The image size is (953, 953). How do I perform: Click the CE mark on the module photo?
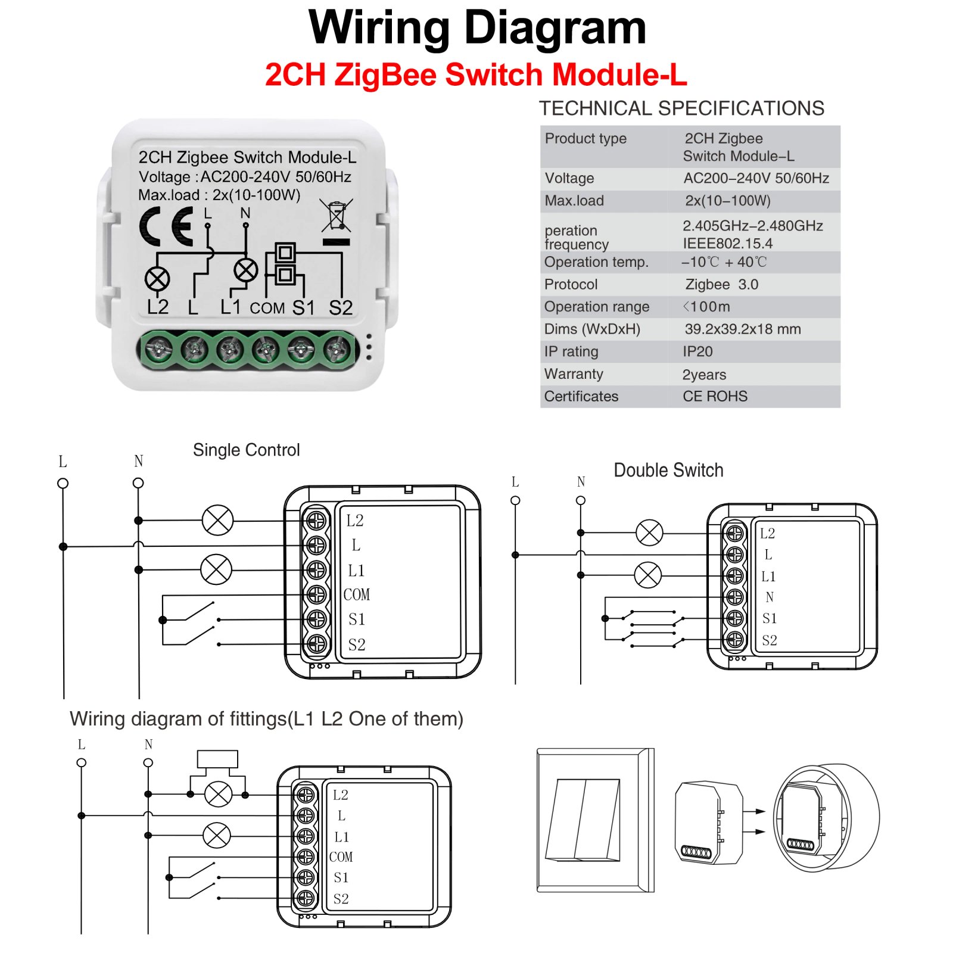click(166, 226)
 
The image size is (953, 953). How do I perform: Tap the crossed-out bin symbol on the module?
click(337, 216)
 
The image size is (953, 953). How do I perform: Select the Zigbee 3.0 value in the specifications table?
click(721, 284)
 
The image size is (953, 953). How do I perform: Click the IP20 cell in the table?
click(697, 351)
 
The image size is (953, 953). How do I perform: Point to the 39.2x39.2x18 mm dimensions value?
click(742, 329)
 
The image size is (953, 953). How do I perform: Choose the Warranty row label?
click(573, 374)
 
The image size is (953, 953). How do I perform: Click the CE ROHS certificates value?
click(715, 396)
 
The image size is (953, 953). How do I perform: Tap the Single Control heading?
click(246, 450)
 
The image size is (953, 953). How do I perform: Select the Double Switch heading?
click(668, 470)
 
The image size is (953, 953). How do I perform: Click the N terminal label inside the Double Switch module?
click(770, 597)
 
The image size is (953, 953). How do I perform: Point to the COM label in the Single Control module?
click(356, 594)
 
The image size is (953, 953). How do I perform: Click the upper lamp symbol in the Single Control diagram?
click(217, 520)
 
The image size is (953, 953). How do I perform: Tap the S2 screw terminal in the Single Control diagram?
click(316, 643)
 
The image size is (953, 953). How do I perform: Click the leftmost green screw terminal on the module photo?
click(159, 349)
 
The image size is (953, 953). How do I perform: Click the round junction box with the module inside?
click(826, 817)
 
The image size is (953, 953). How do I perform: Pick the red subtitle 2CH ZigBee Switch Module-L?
click(475, 75)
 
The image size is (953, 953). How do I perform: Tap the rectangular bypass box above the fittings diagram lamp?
click(217, 759)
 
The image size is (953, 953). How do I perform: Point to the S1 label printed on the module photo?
click(303, 307)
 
